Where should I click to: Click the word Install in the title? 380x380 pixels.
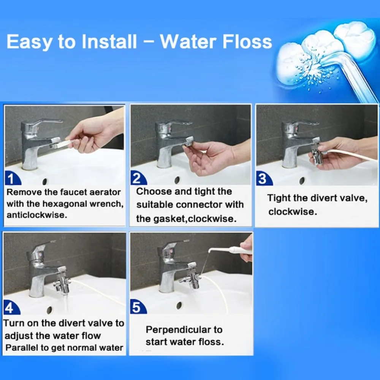coord(109,42)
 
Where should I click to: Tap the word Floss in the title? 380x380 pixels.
coord(247,42)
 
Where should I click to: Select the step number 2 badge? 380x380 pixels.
coord(138,178)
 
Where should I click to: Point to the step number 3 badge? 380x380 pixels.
coord(263,179)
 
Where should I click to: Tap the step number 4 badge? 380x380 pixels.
coord(11,308)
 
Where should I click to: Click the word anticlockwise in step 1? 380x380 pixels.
coord(36,215)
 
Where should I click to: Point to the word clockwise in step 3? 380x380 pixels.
coord(293,212)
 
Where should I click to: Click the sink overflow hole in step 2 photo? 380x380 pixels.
coord(177,180)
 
